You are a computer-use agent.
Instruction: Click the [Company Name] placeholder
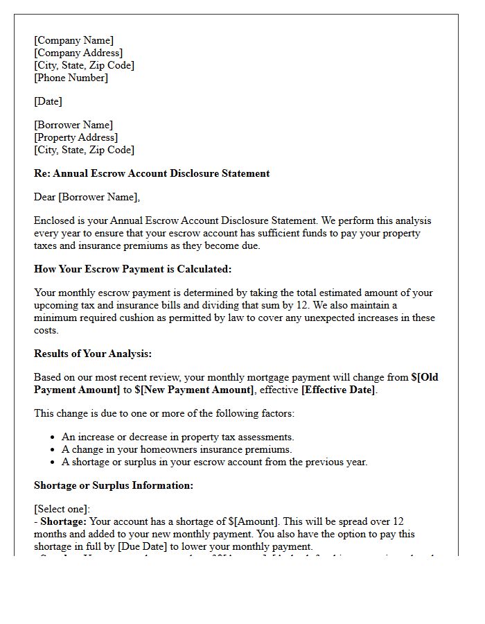pos(73,40)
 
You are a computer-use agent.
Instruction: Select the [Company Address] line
pos(78,53)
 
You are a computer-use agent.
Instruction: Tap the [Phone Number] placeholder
pos(71,78)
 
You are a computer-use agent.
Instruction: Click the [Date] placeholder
pos(48,101)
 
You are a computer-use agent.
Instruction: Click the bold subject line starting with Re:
pos(152,173)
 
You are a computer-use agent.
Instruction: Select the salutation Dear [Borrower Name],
pos(87,198)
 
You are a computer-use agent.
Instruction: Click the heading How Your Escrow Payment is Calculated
pos(132,269)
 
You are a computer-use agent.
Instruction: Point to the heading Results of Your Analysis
pos(92,354)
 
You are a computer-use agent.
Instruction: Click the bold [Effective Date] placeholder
pos(338,390)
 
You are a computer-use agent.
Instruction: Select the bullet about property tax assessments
pos(178,437)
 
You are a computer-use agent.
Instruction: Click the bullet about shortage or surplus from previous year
pos(214,462)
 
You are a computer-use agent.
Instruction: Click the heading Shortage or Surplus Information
pos(113,485)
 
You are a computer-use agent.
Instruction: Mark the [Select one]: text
pos(62,509)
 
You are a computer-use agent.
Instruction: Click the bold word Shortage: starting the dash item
pos(63,521)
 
